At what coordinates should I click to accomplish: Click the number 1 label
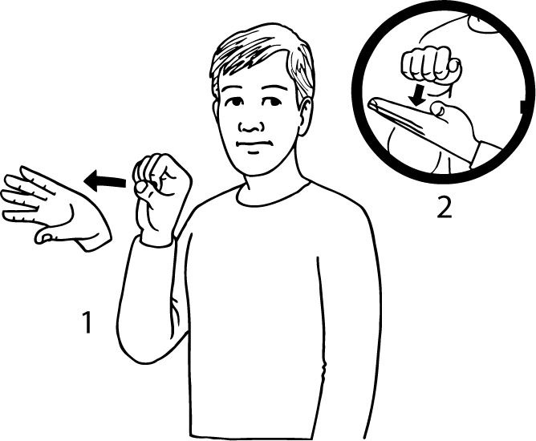pos(87,322)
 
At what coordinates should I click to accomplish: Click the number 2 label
pos(445,208)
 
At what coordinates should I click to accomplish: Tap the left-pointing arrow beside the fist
pos(105,181)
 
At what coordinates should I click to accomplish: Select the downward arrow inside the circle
pos(419,95)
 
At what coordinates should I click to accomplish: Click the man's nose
pos(251,126)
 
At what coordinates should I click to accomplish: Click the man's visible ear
pos(305,115)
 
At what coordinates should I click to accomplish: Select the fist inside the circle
pos(432,66)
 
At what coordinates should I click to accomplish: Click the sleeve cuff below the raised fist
pos(157,239)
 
